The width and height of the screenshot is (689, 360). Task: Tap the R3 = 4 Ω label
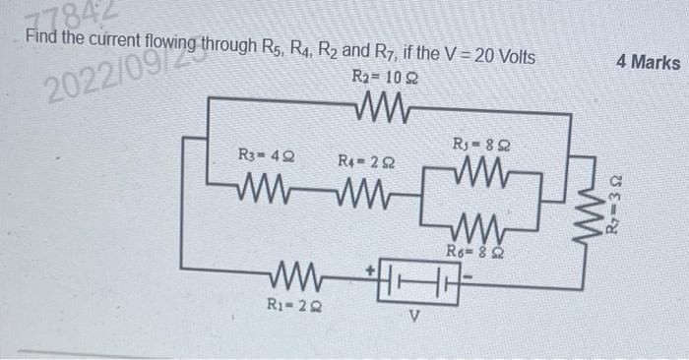click(x=265, y=154)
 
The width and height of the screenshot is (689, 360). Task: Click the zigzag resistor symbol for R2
click(x=377, y=101)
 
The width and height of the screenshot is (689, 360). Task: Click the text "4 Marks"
click(x=647, y=63)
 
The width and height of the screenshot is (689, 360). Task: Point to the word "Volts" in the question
click(x=511, y=57)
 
